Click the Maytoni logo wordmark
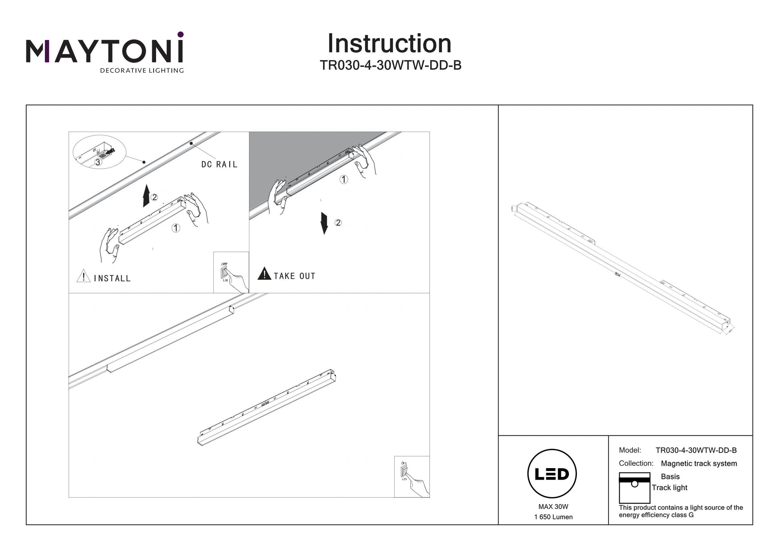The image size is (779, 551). coord(105,51)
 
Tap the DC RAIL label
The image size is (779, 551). coord(219,165)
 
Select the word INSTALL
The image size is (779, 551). coord(112,279)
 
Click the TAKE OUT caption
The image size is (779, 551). coord(295,276)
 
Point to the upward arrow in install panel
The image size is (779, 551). coord(147,196)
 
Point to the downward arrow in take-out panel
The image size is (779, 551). coord(324,223)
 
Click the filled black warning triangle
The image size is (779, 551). coord(264,274)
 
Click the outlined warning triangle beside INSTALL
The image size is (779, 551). coord(83,276)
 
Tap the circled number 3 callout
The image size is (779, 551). coord(98,162)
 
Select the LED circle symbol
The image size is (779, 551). coord(552,474)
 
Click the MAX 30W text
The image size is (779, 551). coord(553,507)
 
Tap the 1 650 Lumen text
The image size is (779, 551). coord(553,517)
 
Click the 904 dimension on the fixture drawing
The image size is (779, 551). coord(617,275)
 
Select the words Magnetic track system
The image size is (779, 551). coord(699,464)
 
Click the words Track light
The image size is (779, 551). coord(669,488)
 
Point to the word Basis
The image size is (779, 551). coord(670,477)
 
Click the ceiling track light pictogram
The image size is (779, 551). coord(634,488)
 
